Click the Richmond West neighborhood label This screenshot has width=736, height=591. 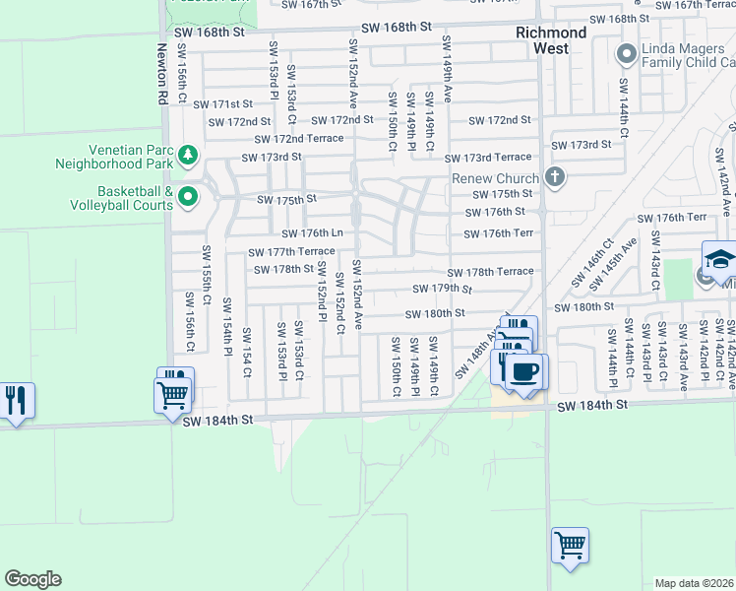[551, 39]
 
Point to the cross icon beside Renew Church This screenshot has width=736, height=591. [555, 178]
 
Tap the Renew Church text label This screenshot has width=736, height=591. [495, 178]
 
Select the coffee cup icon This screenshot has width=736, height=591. [525, 372]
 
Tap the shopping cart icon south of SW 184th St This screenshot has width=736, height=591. [571, 544]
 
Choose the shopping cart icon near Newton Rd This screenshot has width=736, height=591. [173, 394]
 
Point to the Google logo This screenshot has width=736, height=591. [32, 579]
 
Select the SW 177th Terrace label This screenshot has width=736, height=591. [291, 252]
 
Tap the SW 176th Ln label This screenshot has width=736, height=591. [312, 233]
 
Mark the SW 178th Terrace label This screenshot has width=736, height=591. [490, 272]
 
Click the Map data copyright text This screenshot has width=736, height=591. [693, 583]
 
